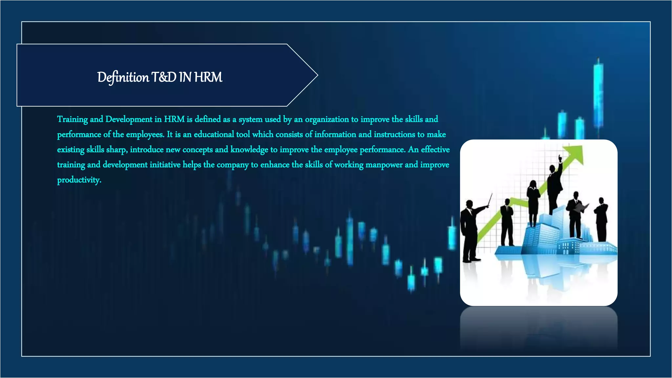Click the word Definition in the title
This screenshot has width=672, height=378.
(x=123, y=77)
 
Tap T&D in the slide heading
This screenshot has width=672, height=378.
(x=164, y=77)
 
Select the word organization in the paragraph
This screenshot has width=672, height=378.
(x=327, y=119)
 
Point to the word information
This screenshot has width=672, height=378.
(x=335, y=135)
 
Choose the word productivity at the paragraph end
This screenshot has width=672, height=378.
(x=79, y=180)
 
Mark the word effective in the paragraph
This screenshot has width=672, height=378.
(x=435, y=150)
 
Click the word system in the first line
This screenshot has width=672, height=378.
(x=250, y=119)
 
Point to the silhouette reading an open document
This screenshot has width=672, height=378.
(x=576, y=213)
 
